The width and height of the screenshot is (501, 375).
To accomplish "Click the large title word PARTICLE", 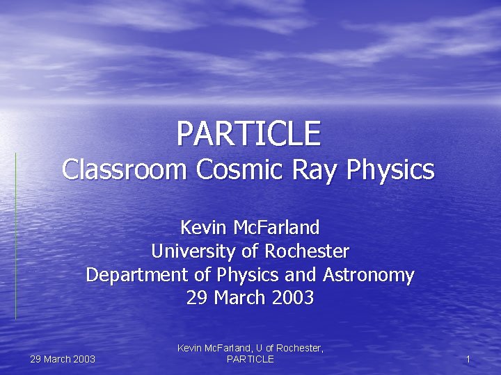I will pyautogui.click(x=248, y=133).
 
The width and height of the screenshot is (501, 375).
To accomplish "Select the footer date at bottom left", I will pyautogui.click(x=63, y=359).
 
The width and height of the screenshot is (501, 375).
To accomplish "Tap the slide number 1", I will pyautogui.click(x=468, y=359).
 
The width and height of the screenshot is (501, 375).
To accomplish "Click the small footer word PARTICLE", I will pyautogui.click(x=250, y=359).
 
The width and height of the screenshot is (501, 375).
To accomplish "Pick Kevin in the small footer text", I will pyautogui.click(x=190, y=348).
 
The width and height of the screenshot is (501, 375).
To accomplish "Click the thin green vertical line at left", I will pyautogui.click(x=16, y=236).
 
